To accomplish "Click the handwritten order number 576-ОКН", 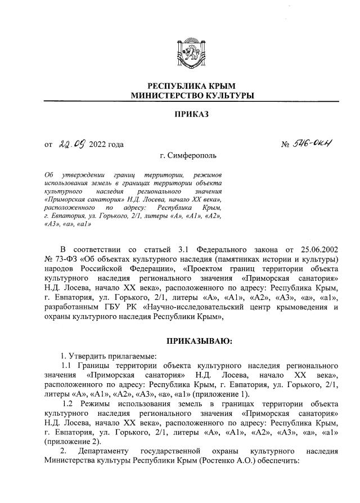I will (318, 145).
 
